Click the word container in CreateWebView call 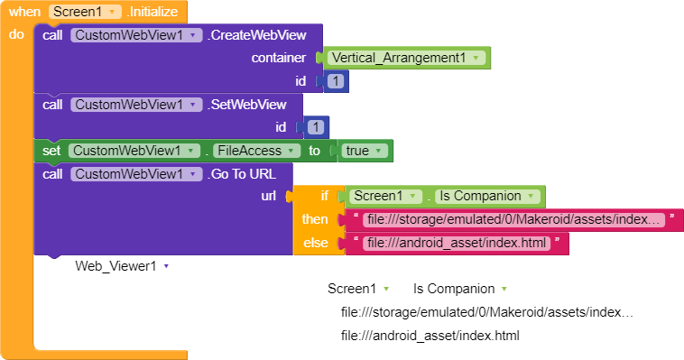[x=279, y=58]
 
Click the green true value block [x=363, y=151]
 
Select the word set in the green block [x=51, y=151]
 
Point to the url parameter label [x=268, y=197]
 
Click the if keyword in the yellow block [x=324, y=197]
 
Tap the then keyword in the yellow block [x=315, y=220]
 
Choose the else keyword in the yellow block [x=316, y=243]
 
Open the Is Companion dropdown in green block [x=487, y=197]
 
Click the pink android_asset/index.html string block [x=456, y=243]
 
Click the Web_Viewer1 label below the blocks [x=116, y=266]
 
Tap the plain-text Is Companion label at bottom [x=454, y=289]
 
